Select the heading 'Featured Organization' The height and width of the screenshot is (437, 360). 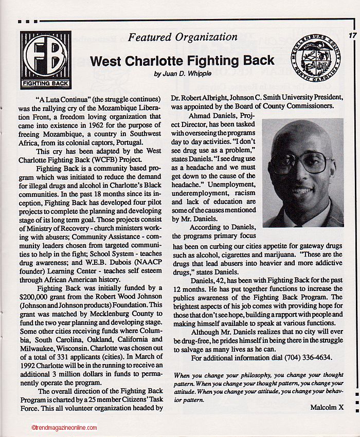[x=183, y=37]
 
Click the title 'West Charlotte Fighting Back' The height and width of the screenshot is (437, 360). [x=182, y=61]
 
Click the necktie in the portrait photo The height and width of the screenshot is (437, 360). [x=302, y=222]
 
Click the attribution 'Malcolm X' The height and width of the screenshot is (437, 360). [x=327, y=407]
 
